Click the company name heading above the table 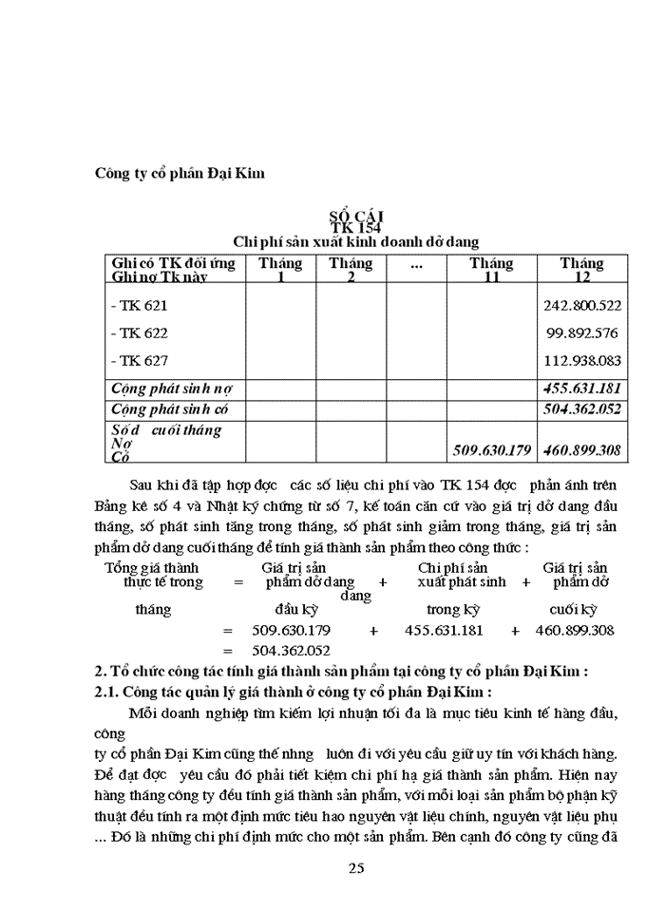(180, 173)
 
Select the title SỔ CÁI (356, 217)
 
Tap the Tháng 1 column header (281, 270)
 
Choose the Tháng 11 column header (491, 270)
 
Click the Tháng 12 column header (581, 270)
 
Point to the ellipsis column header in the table (415, 264)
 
